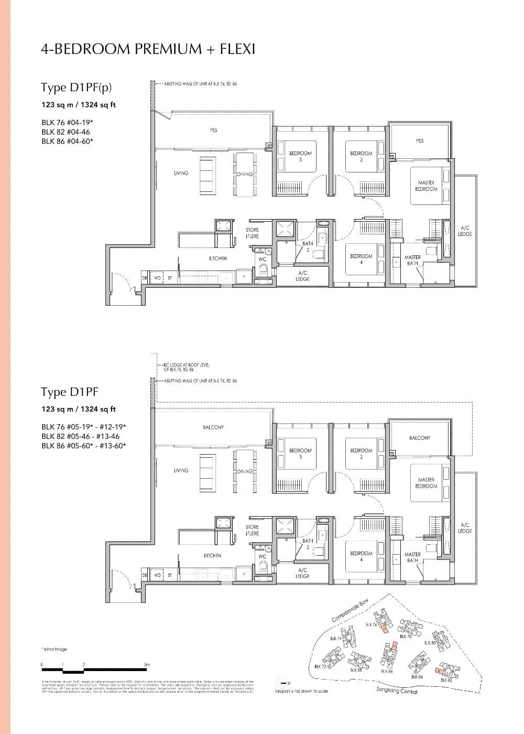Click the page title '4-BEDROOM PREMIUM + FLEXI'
[x=148, y=49]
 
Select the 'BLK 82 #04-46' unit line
[x=65, y=132]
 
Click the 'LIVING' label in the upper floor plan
[x=181, y=173]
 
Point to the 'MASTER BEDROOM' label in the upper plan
[x=426, y=186]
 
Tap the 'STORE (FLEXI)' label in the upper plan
[x=252, y=233]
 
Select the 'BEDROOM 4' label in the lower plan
[x=361, y=556]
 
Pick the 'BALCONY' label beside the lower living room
[x=213, y=427]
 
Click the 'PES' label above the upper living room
[x=213, y=130]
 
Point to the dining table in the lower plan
[x=245, y=471]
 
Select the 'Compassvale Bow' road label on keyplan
[x=351, y=611]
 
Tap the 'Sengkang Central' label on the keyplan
[x=397, y=691]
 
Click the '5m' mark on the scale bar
[x=147, y=665]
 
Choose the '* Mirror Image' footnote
[x=54, y=649]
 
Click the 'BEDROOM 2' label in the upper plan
[x=361, y=156]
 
